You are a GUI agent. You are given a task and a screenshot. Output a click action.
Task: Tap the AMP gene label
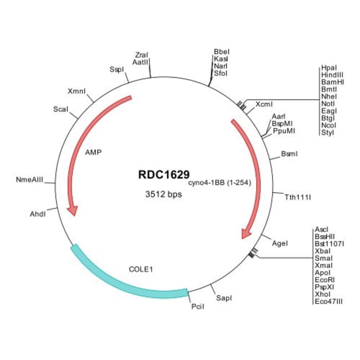(94, 151)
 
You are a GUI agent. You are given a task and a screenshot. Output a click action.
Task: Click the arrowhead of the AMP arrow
(72, 210)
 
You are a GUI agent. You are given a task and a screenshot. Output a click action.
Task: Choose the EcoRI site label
(324, 280)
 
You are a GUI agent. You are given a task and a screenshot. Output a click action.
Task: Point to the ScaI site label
(60, 109)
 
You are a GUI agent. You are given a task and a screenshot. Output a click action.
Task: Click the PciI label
(197, 306)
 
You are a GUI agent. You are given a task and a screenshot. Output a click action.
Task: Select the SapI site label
(224, 298)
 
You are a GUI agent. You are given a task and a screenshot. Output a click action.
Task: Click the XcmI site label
(264, 104)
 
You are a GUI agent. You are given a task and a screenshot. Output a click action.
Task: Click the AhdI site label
(37, 213)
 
